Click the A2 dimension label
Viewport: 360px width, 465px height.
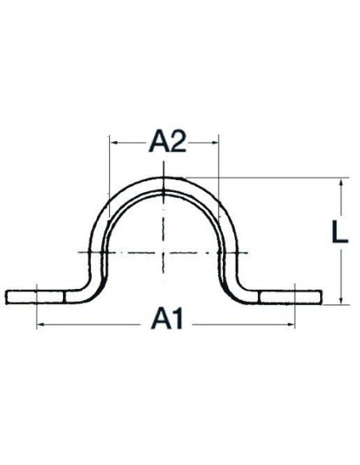point(168,142)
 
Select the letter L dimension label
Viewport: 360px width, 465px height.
point(339,232)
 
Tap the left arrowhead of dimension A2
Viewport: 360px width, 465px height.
point(114,143)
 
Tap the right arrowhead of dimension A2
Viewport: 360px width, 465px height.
point(214,143)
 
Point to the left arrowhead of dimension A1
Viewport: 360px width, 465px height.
point(41,325)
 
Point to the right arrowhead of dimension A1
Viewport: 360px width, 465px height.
point(291,325)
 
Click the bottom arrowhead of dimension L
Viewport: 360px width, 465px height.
point(341,300)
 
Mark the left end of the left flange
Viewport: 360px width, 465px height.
point(6,298)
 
